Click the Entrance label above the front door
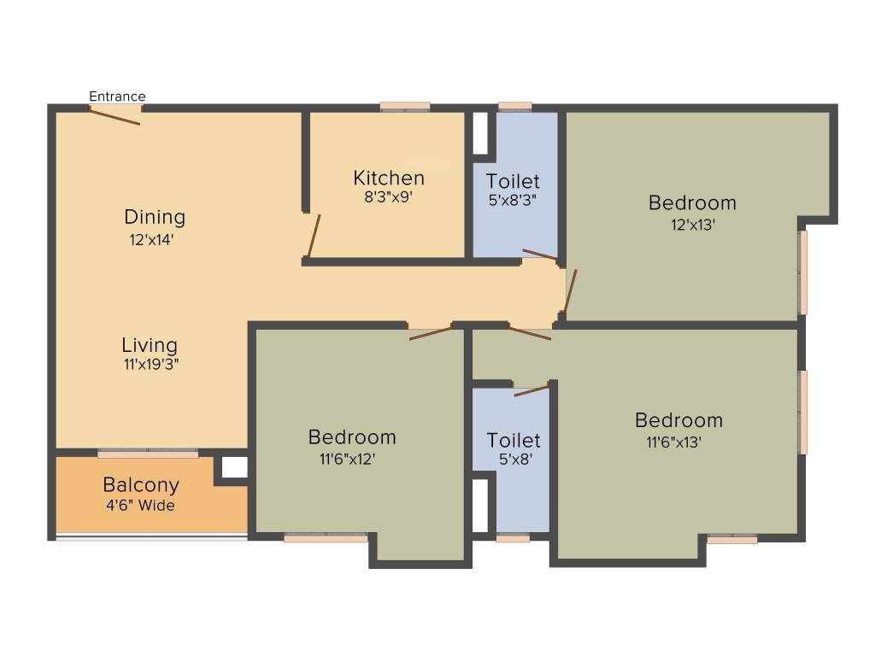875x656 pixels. point(117,97)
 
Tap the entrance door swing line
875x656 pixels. point(115,117)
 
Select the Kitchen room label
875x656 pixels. point(389,178)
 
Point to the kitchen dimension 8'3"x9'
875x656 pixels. point(389,197)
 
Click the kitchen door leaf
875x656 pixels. point(314,237)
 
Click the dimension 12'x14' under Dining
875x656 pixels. point(152,240)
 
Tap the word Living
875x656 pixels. point(150,345)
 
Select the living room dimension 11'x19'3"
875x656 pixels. point(151,365)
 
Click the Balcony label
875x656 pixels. point(141,485)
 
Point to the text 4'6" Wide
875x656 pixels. point(141,506)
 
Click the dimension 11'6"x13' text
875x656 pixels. point(673,442)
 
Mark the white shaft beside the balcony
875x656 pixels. point(235,467)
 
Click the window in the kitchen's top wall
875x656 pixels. point(405,107)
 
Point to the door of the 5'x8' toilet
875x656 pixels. point(531,390)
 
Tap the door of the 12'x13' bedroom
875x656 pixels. point(570,291)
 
